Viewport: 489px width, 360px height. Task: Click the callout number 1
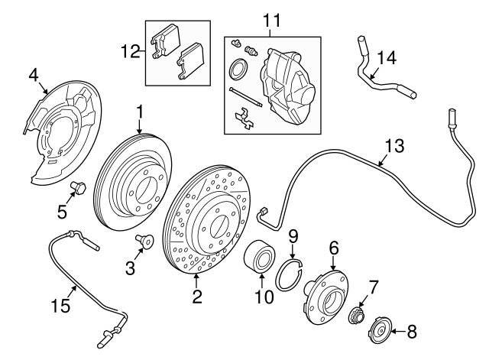(140, 112)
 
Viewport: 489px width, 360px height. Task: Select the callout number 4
(33, 74)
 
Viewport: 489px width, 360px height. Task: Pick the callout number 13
(393, 145)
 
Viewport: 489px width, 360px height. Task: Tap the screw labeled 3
(143, 242)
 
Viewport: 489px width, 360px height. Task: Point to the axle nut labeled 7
(356, 315)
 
